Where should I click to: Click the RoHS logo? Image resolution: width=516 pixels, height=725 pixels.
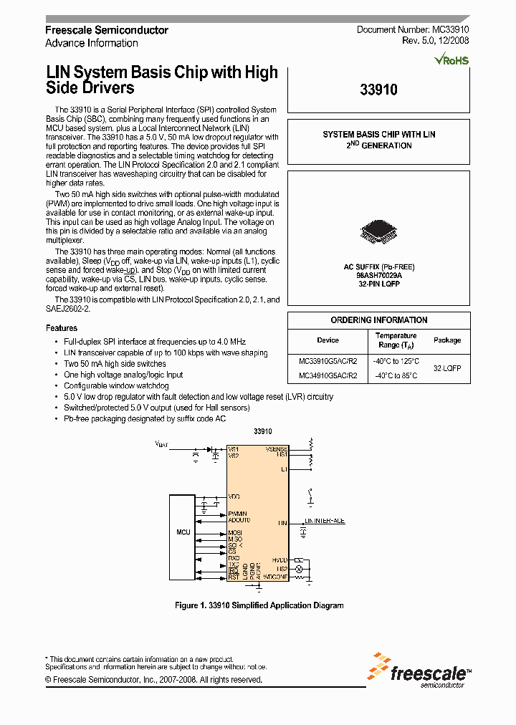(x=452, y=60)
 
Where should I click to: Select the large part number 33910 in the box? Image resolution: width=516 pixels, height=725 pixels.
(x=378, y=91)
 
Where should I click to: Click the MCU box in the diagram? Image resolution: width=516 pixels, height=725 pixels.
(x=183, y=533)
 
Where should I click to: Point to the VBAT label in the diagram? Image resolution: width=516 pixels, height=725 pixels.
(x=162, y=444)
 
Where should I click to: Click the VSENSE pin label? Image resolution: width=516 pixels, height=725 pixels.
(x=276, y=448)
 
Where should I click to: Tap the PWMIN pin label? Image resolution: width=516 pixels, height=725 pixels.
(x=238, y=514)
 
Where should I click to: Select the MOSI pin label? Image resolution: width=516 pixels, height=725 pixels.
(x=235, y=532)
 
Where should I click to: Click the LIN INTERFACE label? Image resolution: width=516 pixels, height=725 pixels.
(x=325, y=521)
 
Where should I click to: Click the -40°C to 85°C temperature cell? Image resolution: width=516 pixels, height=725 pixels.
(x=396, y=376)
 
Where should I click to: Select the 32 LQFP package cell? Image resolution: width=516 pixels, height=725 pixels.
(x=447, y=368)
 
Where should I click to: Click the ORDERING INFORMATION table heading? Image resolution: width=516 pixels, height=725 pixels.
(x=378, y=320)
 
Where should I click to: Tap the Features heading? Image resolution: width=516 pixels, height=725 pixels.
(x=62, y=327)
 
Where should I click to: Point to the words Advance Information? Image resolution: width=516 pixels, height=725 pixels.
(x=92, y=43)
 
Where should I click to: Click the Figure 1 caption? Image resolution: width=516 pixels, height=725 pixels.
(x=259, y=605)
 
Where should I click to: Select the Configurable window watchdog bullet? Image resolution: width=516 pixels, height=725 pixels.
(x=116, y=385)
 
